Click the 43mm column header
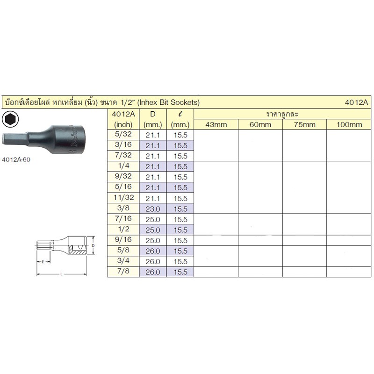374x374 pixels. point(216,124)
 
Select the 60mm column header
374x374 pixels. point(260,124)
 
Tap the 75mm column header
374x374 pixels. point(305,124)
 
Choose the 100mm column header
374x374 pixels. point(349,124)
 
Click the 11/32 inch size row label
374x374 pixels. point(123,197)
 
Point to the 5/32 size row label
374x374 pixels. point(123,134)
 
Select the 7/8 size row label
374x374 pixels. point(123,271)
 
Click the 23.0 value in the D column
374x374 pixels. point(153,209)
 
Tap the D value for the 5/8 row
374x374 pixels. point(153,251)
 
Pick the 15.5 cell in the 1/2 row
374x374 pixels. point(180,230)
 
